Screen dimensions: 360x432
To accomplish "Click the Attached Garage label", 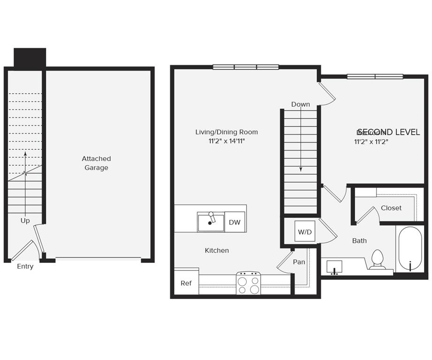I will coord(96,163).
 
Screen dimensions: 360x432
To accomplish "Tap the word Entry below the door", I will coord(25,266).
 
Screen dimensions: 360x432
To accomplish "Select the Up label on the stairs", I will coord(25,220).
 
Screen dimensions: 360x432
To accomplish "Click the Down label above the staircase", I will coord(300,104).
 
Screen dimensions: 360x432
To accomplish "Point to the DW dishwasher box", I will coord(235,222).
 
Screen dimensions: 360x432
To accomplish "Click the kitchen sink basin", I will coord(211,223).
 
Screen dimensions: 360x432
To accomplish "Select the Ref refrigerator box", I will coord(186,283).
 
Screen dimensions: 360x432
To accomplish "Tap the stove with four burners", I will coord(248,284).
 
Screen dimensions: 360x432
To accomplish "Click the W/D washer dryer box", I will coord(305,232).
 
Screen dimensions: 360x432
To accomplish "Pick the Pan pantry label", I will coord(299,262).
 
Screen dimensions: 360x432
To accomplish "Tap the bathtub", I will coord(410,249).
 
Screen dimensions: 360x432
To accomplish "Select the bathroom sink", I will coord(334,267).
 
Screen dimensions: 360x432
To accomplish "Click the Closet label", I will coord(391,208).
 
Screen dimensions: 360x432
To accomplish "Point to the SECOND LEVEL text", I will coord(388,132).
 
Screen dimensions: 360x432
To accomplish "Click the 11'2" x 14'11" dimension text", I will coord(227,141).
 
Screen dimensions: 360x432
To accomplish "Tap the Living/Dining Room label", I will coord(227,132).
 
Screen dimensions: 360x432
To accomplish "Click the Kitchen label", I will coord(217,250).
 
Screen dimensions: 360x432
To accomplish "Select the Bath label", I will coord(359,240).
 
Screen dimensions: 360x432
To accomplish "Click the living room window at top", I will coord(245,67).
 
